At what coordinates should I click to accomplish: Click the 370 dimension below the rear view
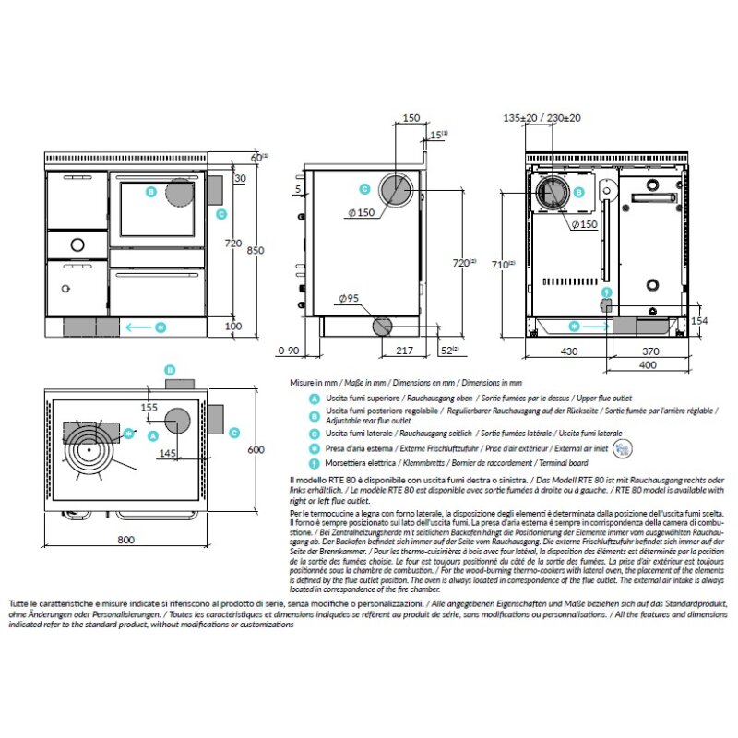651,351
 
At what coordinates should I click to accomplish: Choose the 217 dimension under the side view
403,351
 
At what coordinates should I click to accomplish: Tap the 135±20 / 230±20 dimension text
542,118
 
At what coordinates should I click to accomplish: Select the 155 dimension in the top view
149,406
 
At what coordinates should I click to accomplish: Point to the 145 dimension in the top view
167,453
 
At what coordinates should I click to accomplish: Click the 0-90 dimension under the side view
289,351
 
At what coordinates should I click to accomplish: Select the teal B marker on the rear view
579,193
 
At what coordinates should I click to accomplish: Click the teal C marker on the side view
364,189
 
